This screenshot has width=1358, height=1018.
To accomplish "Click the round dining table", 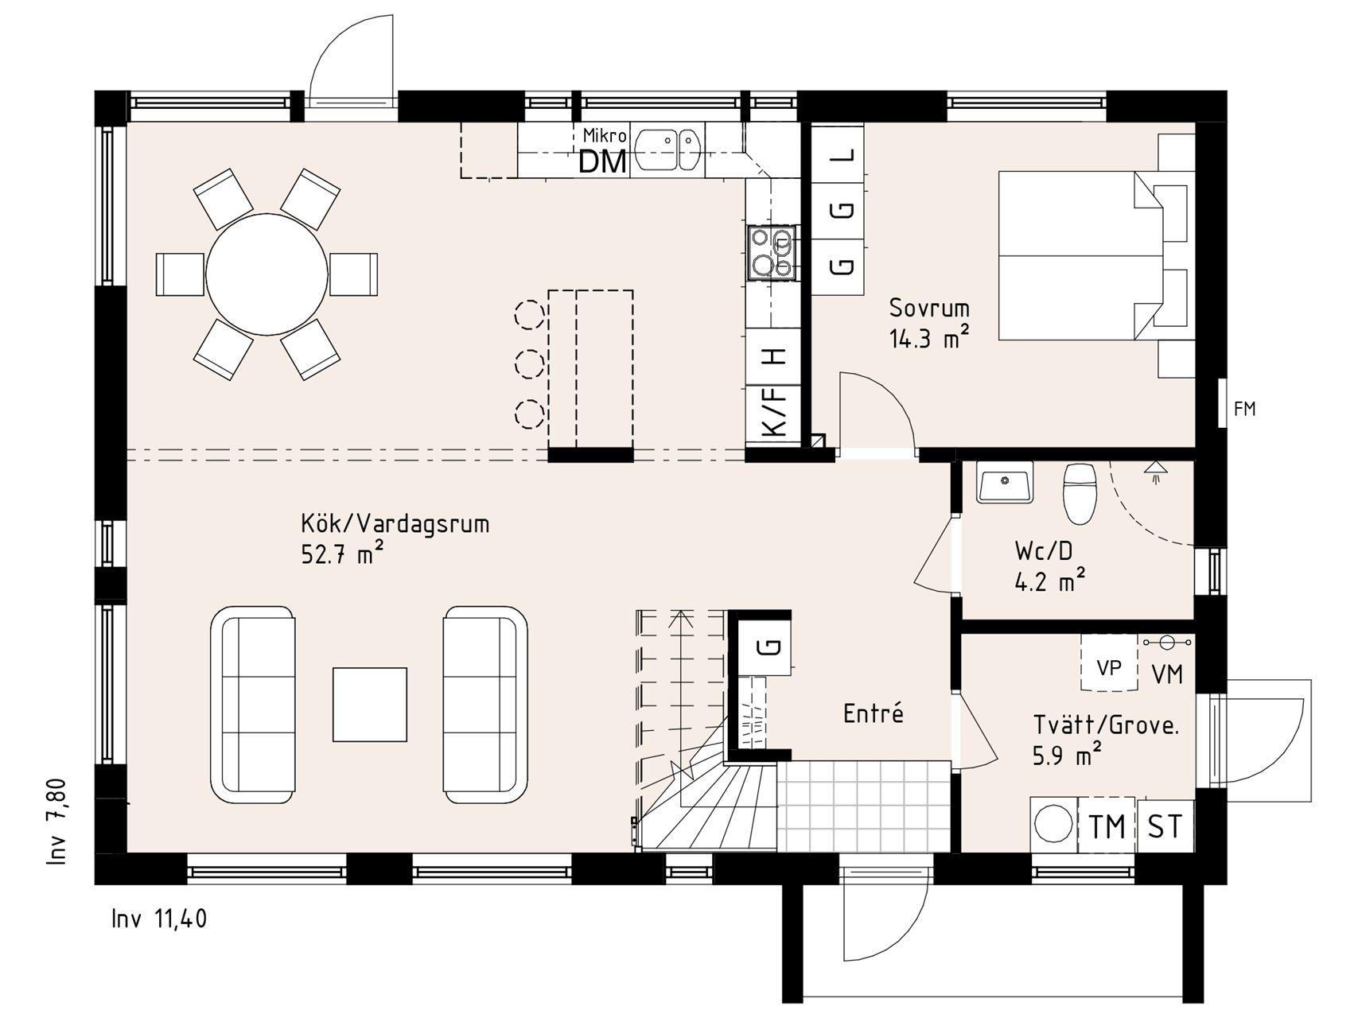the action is click(267, 274).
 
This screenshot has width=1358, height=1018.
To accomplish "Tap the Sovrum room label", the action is click(929, 308).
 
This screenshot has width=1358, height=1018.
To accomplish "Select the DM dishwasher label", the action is click(602, 162).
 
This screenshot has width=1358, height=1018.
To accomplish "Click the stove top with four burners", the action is click(771, 253).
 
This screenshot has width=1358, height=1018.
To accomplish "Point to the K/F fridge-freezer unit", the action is click(772, 411).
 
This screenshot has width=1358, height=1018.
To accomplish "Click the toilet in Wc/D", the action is click(1080, 493).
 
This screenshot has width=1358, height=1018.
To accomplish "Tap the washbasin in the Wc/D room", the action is click(1006, 482).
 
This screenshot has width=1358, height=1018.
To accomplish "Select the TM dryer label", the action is click(1107, 826).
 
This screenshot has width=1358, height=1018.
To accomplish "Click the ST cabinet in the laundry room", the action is click(1165, 826).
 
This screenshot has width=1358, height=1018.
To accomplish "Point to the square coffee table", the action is click(370, 705).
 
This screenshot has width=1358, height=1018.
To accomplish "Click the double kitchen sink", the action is click(668, 150).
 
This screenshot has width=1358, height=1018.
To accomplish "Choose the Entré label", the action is click(874, 713).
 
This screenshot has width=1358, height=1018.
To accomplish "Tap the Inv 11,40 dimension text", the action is click(159, 919).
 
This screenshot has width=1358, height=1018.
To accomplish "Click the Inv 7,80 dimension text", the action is click(58, 822).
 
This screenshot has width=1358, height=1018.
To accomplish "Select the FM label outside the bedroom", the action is click(1244, 409).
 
